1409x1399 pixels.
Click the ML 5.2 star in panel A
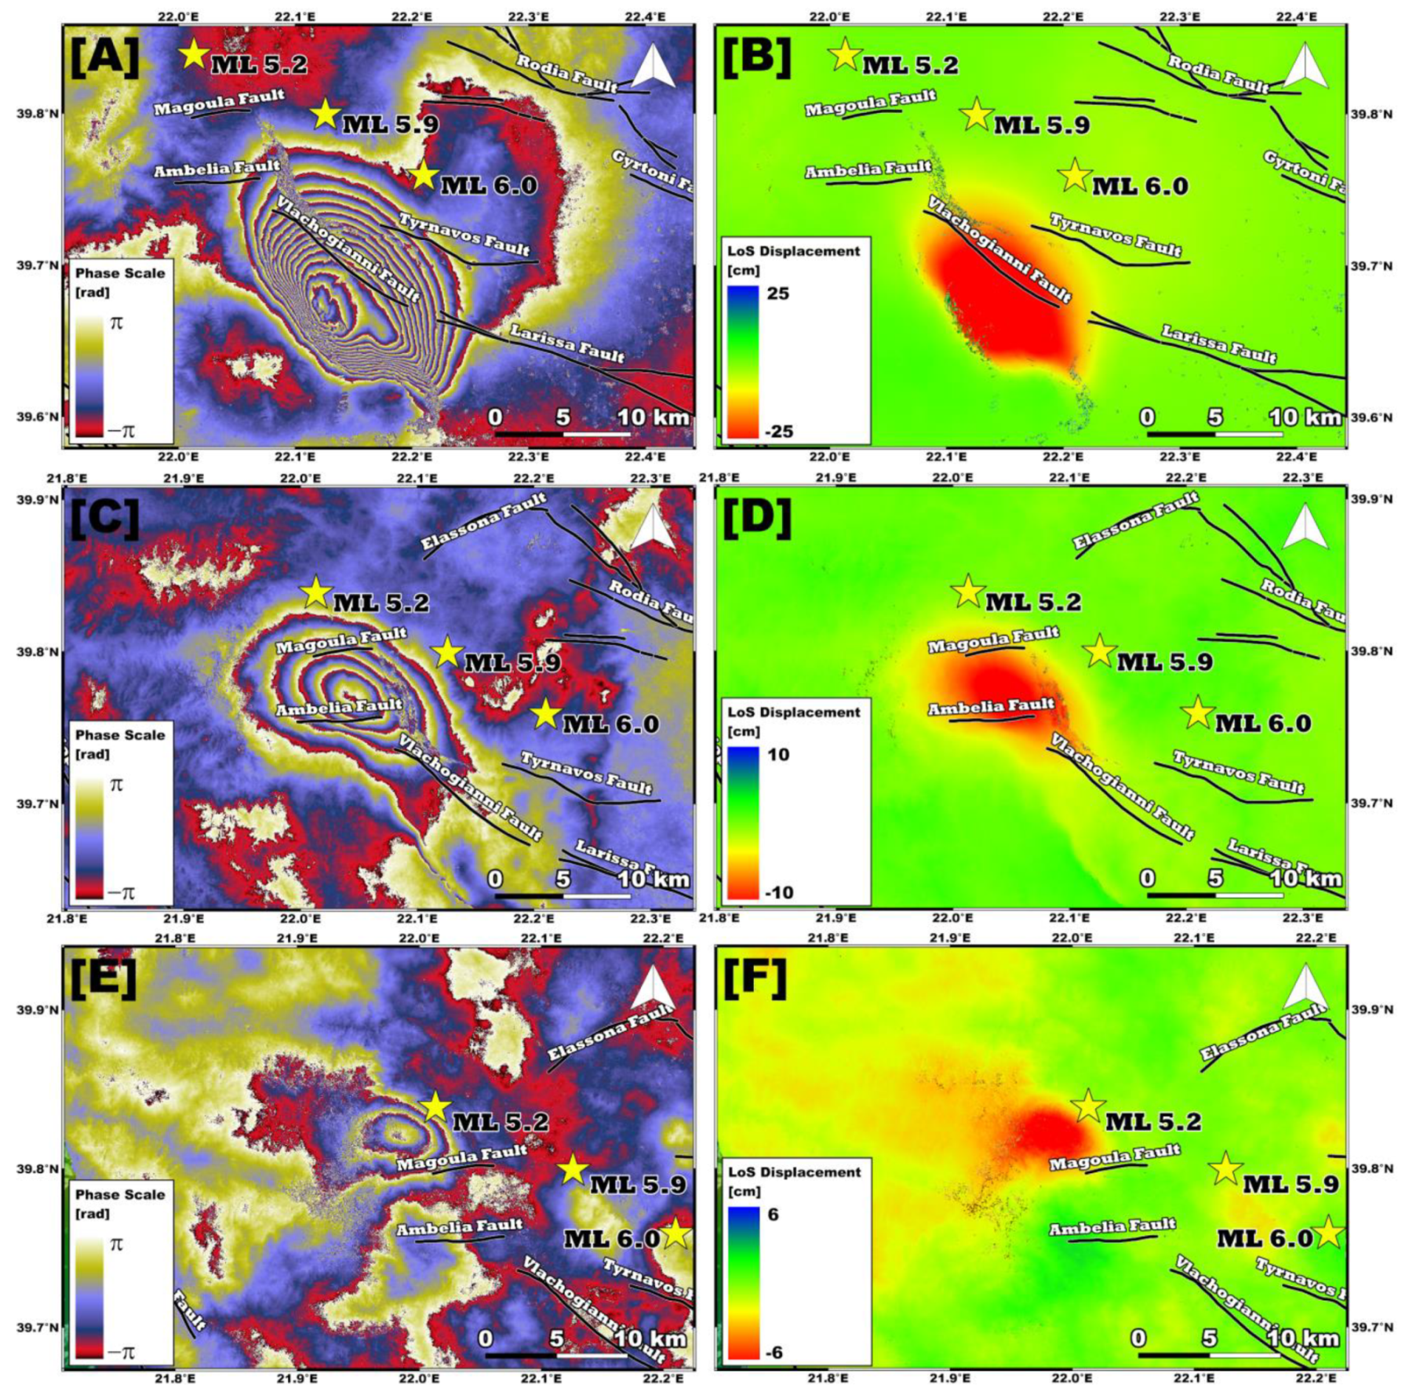point(193,54)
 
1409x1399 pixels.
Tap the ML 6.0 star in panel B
point(1075,175)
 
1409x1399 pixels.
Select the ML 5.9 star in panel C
point(447,652)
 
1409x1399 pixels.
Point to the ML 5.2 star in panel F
point(1087,1106)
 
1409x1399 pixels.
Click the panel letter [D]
point(756,519)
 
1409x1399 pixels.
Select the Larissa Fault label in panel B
point(1218,344)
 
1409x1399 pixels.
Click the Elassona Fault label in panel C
point(482,521)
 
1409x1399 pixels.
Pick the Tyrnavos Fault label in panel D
point(1238,771)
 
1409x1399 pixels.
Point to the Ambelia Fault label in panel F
point(1112,1226)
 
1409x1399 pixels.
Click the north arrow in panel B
point(1305,66)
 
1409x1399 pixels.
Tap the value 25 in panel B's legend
point(777,294)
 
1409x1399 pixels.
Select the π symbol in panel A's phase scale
point(116,322)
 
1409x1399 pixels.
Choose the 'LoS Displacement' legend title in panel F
point(794,1171)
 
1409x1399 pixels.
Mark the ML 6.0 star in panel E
point(676,1234)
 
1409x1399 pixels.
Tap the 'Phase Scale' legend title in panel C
point(120,735)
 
